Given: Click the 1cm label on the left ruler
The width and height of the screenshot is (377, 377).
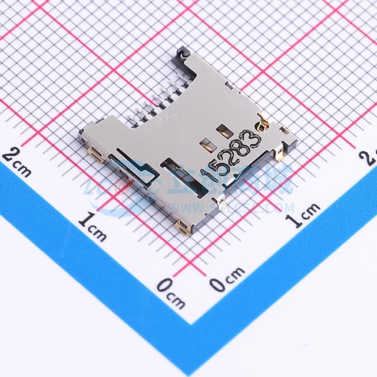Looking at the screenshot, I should click(92, 227).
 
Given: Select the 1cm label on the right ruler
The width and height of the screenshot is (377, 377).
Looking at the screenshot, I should click(303, 215).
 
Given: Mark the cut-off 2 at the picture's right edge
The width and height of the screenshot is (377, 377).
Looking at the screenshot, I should click(371, 156).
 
